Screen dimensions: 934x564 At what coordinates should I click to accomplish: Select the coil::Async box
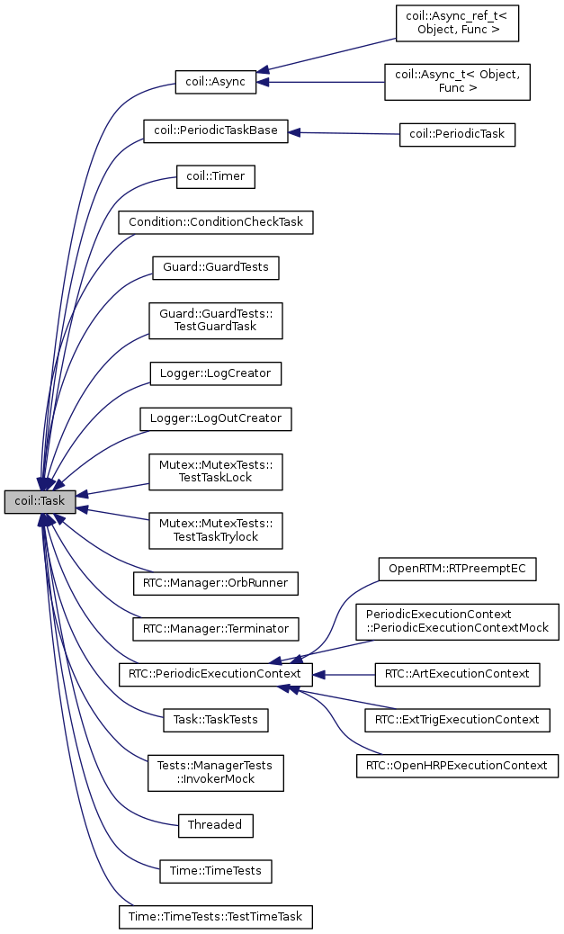(216, 82)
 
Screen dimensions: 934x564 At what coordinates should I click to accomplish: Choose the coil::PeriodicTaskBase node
(216, 130)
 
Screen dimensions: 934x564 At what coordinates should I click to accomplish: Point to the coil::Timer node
(216, 176)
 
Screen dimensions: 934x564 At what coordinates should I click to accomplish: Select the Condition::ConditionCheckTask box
(216, 221)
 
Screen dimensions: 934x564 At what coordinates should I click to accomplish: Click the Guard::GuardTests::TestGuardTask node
(216, 319)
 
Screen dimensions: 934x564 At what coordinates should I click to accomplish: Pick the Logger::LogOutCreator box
(216, 418)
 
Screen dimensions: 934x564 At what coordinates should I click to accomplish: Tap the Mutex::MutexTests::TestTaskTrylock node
(216, 529)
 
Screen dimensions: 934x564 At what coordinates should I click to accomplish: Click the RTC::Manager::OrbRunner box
(216, 581)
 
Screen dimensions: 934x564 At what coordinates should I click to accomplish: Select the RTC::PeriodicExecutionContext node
(216, 673)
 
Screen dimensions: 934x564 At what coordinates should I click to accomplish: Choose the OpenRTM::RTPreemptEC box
(457, 569)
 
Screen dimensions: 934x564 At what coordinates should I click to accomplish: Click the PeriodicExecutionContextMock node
(457, 621)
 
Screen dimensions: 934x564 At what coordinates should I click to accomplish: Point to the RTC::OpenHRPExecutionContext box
(457, 766)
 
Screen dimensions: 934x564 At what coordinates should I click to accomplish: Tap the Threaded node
(216, 824)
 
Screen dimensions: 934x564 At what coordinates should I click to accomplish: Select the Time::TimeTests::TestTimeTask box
(216, 917)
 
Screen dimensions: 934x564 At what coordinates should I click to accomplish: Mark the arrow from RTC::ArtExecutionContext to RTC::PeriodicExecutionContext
(349, 673)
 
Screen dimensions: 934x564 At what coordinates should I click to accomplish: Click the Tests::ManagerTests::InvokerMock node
(216, 772)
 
